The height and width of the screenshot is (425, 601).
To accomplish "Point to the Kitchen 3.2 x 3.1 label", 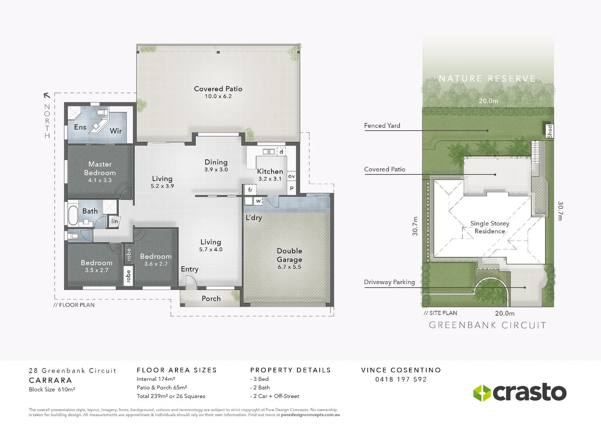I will tap(270, 174).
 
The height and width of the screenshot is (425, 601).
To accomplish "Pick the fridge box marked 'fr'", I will tap(250, 190).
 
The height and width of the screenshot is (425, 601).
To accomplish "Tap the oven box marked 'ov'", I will tap(291, 176).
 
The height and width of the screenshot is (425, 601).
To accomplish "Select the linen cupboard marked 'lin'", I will tap(114, 221).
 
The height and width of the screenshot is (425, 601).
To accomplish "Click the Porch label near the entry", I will tap(211, 299).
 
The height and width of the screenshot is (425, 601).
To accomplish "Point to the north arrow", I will tap(47, 95).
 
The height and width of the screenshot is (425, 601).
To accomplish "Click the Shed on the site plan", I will tap(549, 131).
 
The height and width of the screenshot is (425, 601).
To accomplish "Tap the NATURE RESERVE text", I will tap(487, 79).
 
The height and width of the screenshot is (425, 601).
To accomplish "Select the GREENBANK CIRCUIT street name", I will tap(488, 325).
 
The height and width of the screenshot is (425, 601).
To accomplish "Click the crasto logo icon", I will tap(481, 393).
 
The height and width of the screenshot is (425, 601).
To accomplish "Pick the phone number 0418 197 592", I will tap(401, 379).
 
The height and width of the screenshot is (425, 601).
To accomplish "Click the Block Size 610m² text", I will tap(52, 390).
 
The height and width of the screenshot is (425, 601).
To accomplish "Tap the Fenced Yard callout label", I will tap(382, 126).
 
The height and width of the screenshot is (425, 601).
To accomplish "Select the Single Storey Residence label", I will tap(490, 227).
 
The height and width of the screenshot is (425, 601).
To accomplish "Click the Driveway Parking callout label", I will tap(389, 282).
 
